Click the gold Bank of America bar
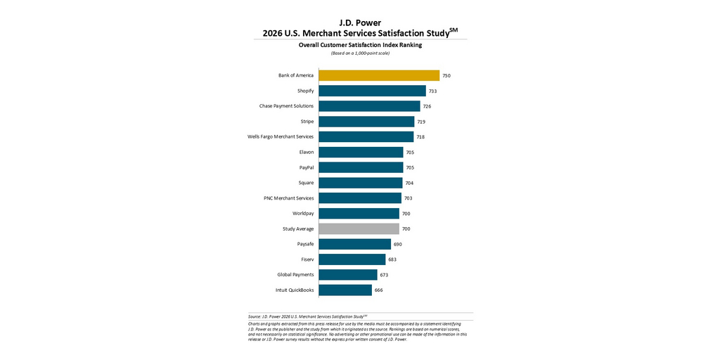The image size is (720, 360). click(x=379, y=75)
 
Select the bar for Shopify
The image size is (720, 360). click(x=372, y=91)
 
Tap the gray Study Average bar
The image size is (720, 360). click(x=359, y=229)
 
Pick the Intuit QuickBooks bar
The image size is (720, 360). click(x=345, y=290)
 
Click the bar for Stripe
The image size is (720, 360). click(x=366, y=122)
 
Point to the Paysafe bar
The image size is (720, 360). click(x=354, y=244)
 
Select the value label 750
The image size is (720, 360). click(x=446, y=75)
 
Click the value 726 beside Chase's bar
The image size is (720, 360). click(x=427, y=106)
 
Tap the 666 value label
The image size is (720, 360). click(x=378, y=290)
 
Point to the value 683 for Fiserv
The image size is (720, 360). click(x=392, y=259)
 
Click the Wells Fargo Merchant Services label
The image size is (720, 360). click(x=281, y=136)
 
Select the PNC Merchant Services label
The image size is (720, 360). click(x=284, y=198)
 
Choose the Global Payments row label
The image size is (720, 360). click(x=295, y=274)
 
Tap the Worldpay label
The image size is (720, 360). click(x=303, y=213)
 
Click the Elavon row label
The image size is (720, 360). click(x=307, y=152)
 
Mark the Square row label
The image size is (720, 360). click(x=306, y=183)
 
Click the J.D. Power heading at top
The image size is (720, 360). click(x=360, y=22)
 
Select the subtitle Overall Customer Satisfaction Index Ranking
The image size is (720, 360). click(x=360, y=45)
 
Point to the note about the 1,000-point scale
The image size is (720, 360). click(x=360, y=53)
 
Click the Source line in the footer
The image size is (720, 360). click(x=307, y=317)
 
